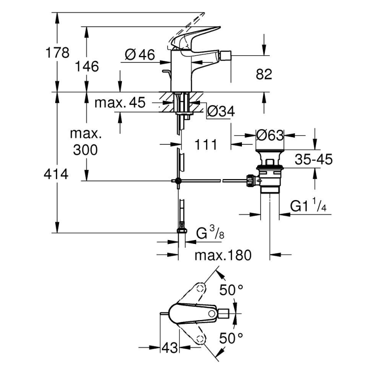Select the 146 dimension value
tap(87, 66)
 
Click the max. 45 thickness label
tap(120, 103)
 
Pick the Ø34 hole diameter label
tap(221, 112)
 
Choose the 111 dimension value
tap(206, 144)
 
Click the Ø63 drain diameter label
tap(270, 135)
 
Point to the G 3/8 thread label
tap(210, 234)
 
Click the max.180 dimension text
tap(222, 255)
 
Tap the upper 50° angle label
tap(231, 289)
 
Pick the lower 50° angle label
tap(231, 339)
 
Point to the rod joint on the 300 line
tap(178, 180)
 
